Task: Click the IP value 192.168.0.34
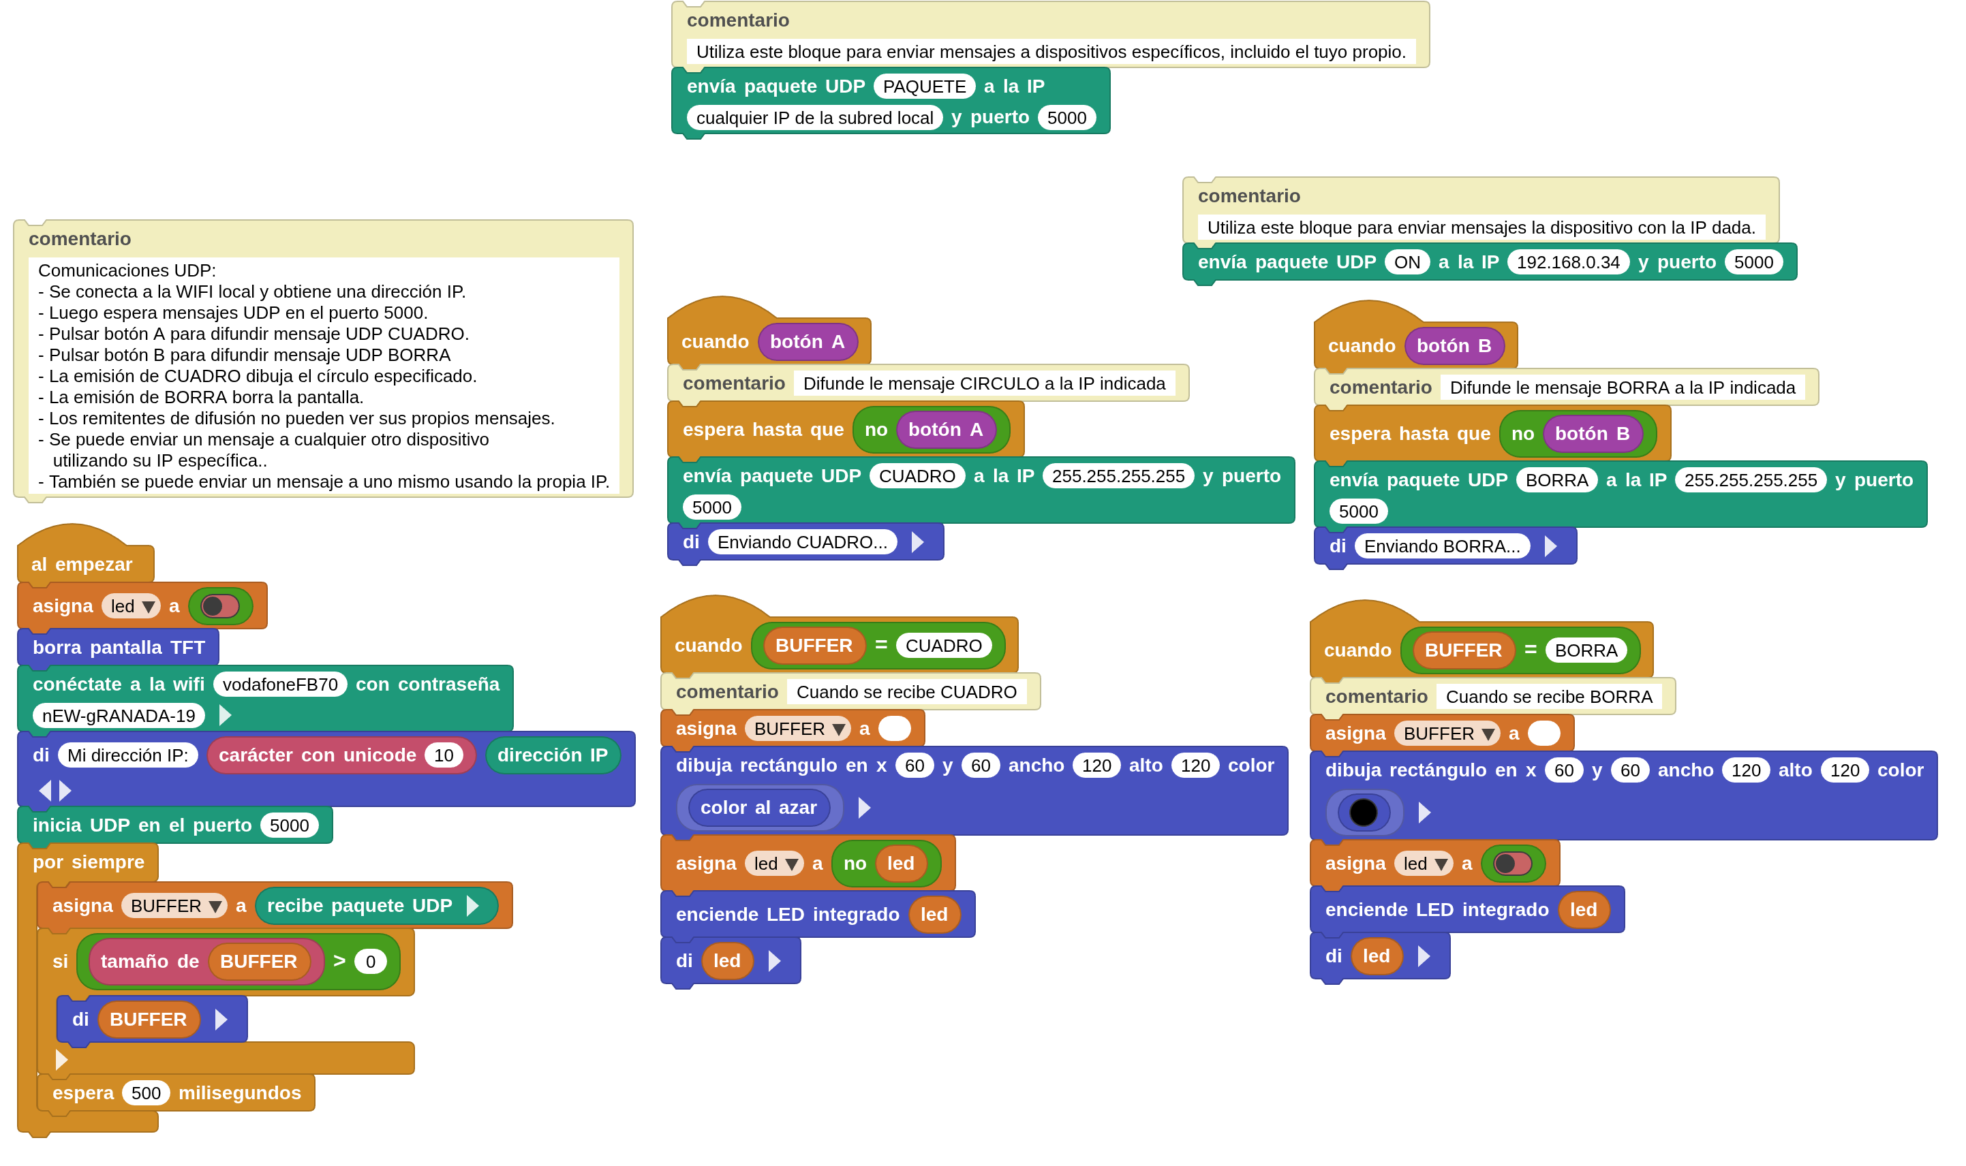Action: [1567, 262]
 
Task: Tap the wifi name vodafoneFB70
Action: [280, 684]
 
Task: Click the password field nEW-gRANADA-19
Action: [119, 716]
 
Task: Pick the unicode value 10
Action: [444, 756]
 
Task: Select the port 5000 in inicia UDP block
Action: [290, 825]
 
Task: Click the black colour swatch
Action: [1363, 813]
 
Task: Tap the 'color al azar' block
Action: [758, 808]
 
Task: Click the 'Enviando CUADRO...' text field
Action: [802, 542]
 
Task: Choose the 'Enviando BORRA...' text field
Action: [1442, 547]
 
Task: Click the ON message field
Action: [1407, 262]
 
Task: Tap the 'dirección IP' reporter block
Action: [552, 756]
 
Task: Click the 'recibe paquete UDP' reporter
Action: [360, 906]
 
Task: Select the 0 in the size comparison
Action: [370, 962]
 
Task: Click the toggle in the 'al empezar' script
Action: [220, 605]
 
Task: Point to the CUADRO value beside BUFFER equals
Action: [943, 646]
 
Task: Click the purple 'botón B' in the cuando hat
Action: [1454, 346]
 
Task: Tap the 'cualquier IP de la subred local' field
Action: [814, 118]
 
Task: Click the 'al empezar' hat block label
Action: [82, 564]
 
